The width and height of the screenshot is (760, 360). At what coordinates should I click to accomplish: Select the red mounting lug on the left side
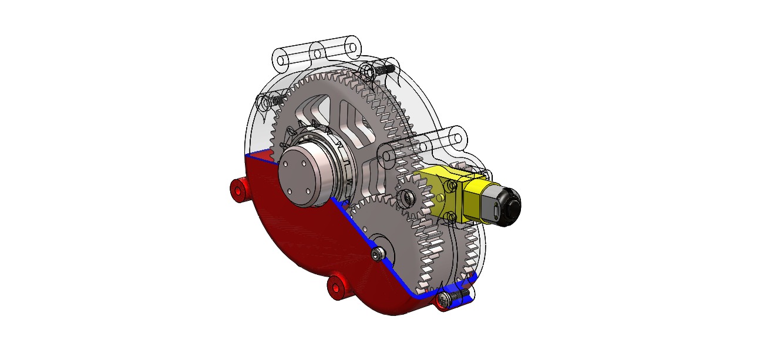pos(238,190)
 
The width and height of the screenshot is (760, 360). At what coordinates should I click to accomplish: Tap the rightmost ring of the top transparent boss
pos(352,45)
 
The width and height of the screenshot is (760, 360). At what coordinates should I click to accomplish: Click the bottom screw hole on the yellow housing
pos(451,217)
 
